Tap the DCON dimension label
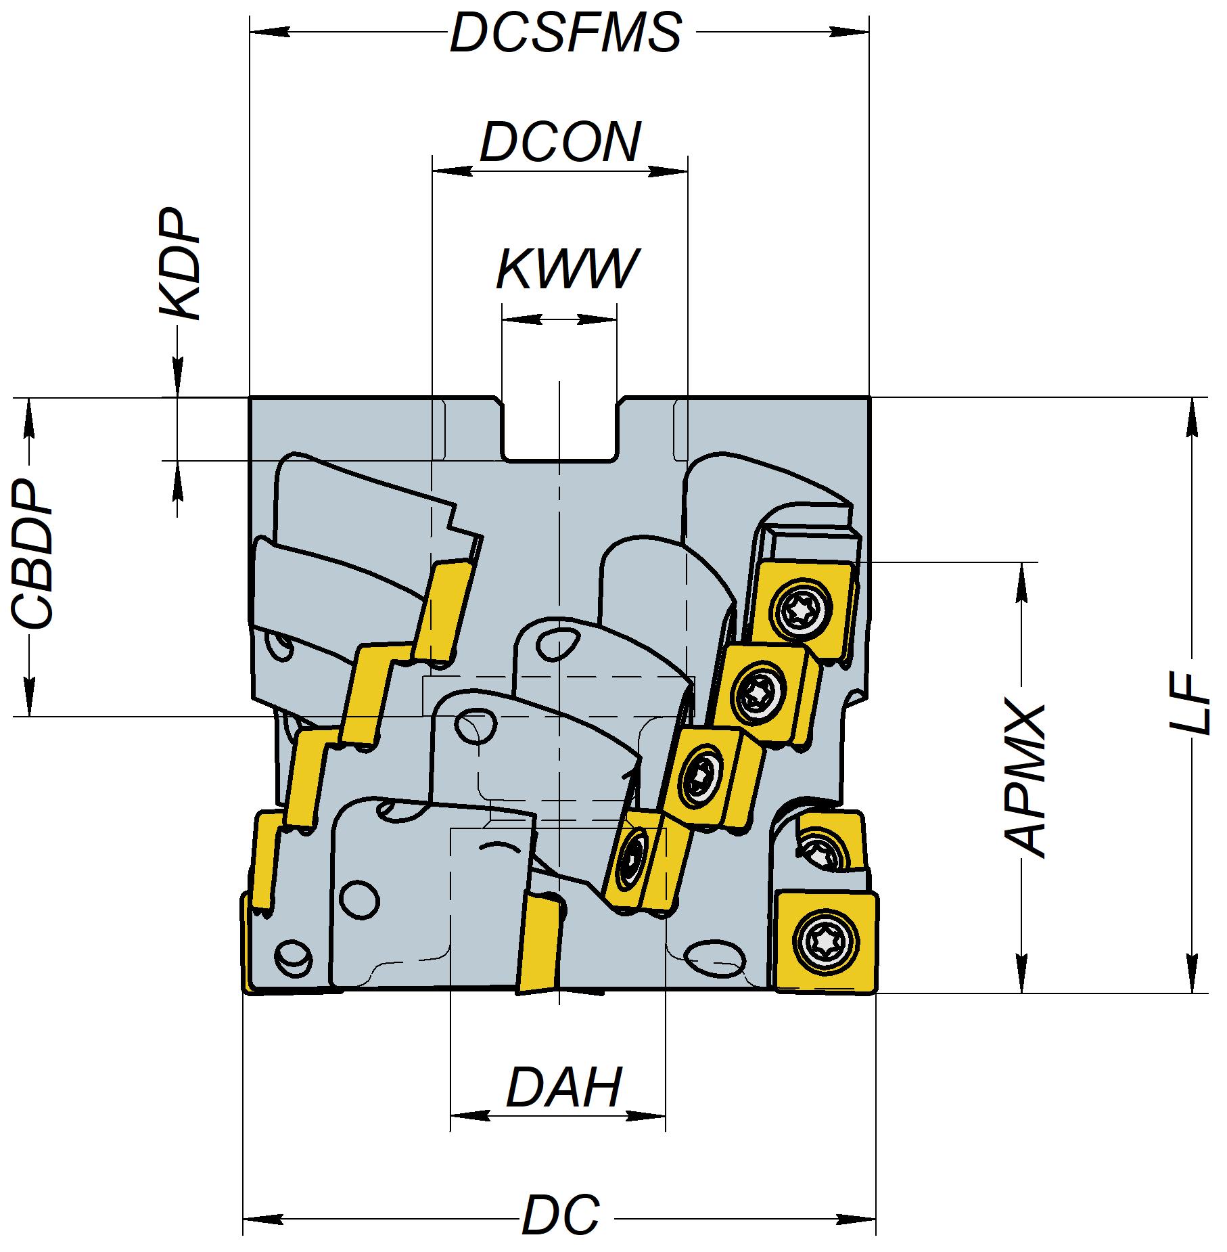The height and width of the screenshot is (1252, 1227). tap(560, 143)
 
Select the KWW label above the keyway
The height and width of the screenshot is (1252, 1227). tap(567, 269)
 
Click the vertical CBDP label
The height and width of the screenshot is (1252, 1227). tap(32, 556)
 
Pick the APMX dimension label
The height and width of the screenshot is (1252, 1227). tap(1025, 778)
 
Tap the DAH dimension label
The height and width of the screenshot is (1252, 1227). tap(563, 1088)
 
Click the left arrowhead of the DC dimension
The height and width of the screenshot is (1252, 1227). tap(260, 1213)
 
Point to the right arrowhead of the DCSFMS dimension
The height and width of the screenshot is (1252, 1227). tap(851, 32)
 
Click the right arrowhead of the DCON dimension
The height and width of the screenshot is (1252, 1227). tap(670, 171)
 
